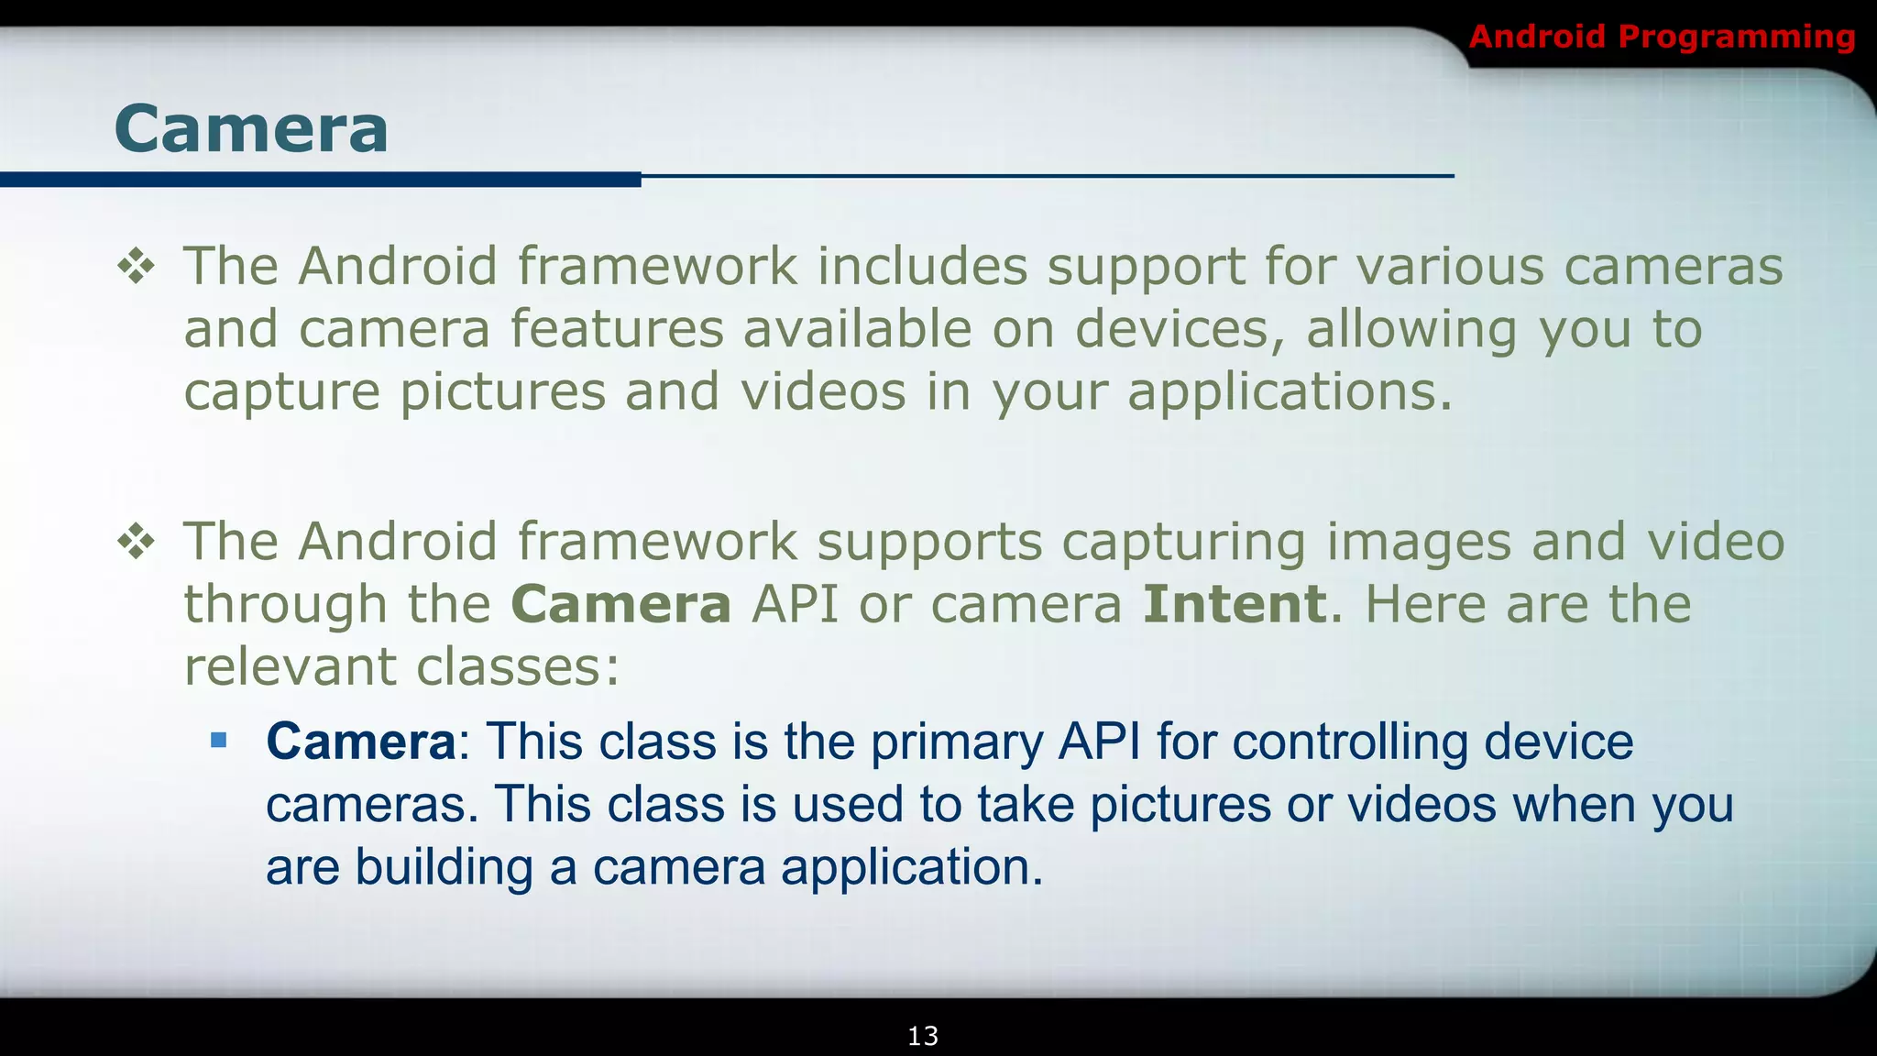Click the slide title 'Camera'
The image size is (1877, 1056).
click(252, 128)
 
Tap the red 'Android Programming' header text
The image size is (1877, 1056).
click(1662, 37)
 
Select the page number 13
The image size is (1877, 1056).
click(922, 1036)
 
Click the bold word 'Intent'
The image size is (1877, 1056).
click(1235, 604)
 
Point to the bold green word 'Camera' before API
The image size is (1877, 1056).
click(620, 604)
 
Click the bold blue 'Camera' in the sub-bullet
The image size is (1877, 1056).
click(360, 742)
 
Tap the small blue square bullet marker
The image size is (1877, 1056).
click(218, 740)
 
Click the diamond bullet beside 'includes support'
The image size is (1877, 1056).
click(136, 267)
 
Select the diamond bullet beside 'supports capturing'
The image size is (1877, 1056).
click(136, 542)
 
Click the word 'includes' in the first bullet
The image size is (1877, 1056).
click(921, 267)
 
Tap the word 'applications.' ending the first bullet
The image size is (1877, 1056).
click(1290, 393)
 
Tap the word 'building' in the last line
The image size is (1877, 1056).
click(444, 867)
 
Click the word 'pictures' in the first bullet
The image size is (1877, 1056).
click(502, 393)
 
